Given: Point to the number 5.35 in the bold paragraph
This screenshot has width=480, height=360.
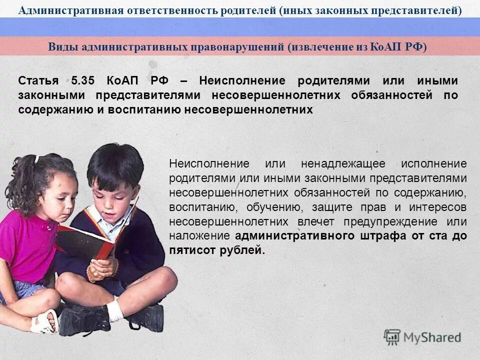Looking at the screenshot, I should pos(82,80).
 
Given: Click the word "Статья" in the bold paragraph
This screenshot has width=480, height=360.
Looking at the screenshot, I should pos(38,80).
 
